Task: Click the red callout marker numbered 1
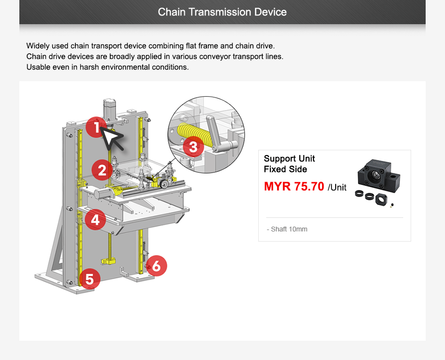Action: [x=97, y=128]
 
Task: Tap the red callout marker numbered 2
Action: [x=102, y=170]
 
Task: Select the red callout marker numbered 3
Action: [x=193, y=146]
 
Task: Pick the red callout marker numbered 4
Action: [x=95, y=220]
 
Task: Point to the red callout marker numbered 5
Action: [x=89, y=279]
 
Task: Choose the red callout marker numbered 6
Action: [x=157, y=265]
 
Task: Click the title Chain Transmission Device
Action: [x=222, y=12]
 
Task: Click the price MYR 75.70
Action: [x=294, y=187]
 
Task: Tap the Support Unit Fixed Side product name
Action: [x=289, y=164]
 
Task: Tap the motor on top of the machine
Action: [x=110, y=110]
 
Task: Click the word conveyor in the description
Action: [x=212, y=57]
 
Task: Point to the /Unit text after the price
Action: [x=337, y=187]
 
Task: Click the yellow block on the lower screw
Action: [x=109, y=261]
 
